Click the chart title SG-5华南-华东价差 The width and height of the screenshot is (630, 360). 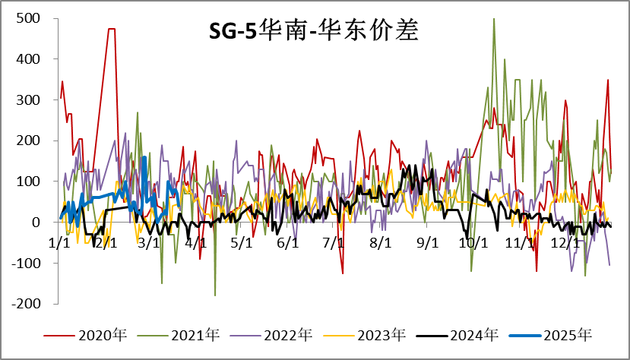[314, 32]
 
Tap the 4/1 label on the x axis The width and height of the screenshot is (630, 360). [196, 243]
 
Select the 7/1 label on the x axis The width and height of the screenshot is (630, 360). [334, 243]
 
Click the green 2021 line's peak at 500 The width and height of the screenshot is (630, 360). [494, 19]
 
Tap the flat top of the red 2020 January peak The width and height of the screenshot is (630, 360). [112, 29]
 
